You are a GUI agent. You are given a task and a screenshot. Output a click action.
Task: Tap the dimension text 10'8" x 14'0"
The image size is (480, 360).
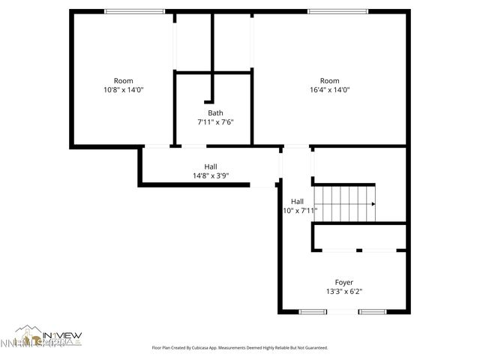coord(123,90)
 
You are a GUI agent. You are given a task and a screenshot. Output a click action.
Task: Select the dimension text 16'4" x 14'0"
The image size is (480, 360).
coord(329,90)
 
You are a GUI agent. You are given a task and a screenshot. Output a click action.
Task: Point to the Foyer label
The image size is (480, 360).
coord(344,282)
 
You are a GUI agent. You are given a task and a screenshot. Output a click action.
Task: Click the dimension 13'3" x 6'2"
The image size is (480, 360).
coord(344,291)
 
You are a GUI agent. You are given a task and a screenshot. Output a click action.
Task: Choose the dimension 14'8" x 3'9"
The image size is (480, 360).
coord(210,175)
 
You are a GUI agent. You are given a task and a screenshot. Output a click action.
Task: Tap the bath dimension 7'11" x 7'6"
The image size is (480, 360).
coord(215,122)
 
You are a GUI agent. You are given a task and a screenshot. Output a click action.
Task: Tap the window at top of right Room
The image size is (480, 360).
coord(337,11)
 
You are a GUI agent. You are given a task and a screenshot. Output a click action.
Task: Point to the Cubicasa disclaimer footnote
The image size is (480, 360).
coord(240,348)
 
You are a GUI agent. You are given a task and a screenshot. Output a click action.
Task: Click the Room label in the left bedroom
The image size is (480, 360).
coord(123,81)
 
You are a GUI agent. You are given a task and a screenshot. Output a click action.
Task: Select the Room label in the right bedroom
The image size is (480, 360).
coord(329,81)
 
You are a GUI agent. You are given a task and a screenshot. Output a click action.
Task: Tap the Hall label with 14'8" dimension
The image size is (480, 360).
coord(211,166)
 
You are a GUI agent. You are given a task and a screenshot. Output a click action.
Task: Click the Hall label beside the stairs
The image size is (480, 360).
coord(297,201)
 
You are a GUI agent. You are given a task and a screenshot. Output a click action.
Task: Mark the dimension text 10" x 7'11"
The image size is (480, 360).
coord(300,211)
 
